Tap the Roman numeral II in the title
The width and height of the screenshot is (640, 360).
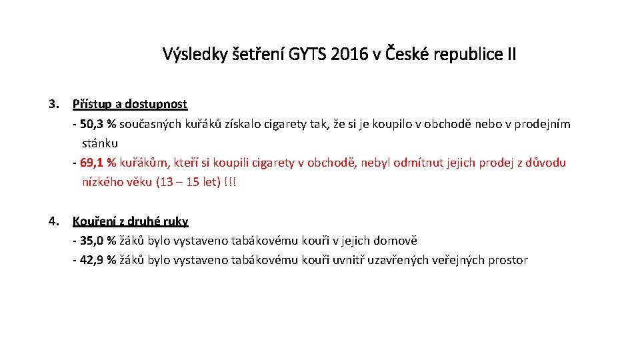click(509, 54)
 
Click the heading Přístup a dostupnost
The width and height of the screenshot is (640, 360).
click(130, 104)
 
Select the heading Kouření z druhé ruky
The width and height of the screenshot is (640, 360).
click(131, 221)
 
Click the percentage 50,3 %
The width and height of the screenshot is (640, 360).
click(98, 124)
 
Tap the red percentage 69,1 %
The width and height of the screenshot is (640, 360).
click(98, 163)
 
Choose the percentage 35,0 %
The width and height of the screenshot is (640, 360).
click(98, 241)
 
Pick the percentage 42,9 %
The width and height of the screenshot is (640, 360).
click(98, 260)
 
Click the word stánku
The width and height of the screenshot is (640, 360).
click(100, 143)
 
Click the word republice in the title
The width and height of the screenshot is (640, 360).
click(465, 54)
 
